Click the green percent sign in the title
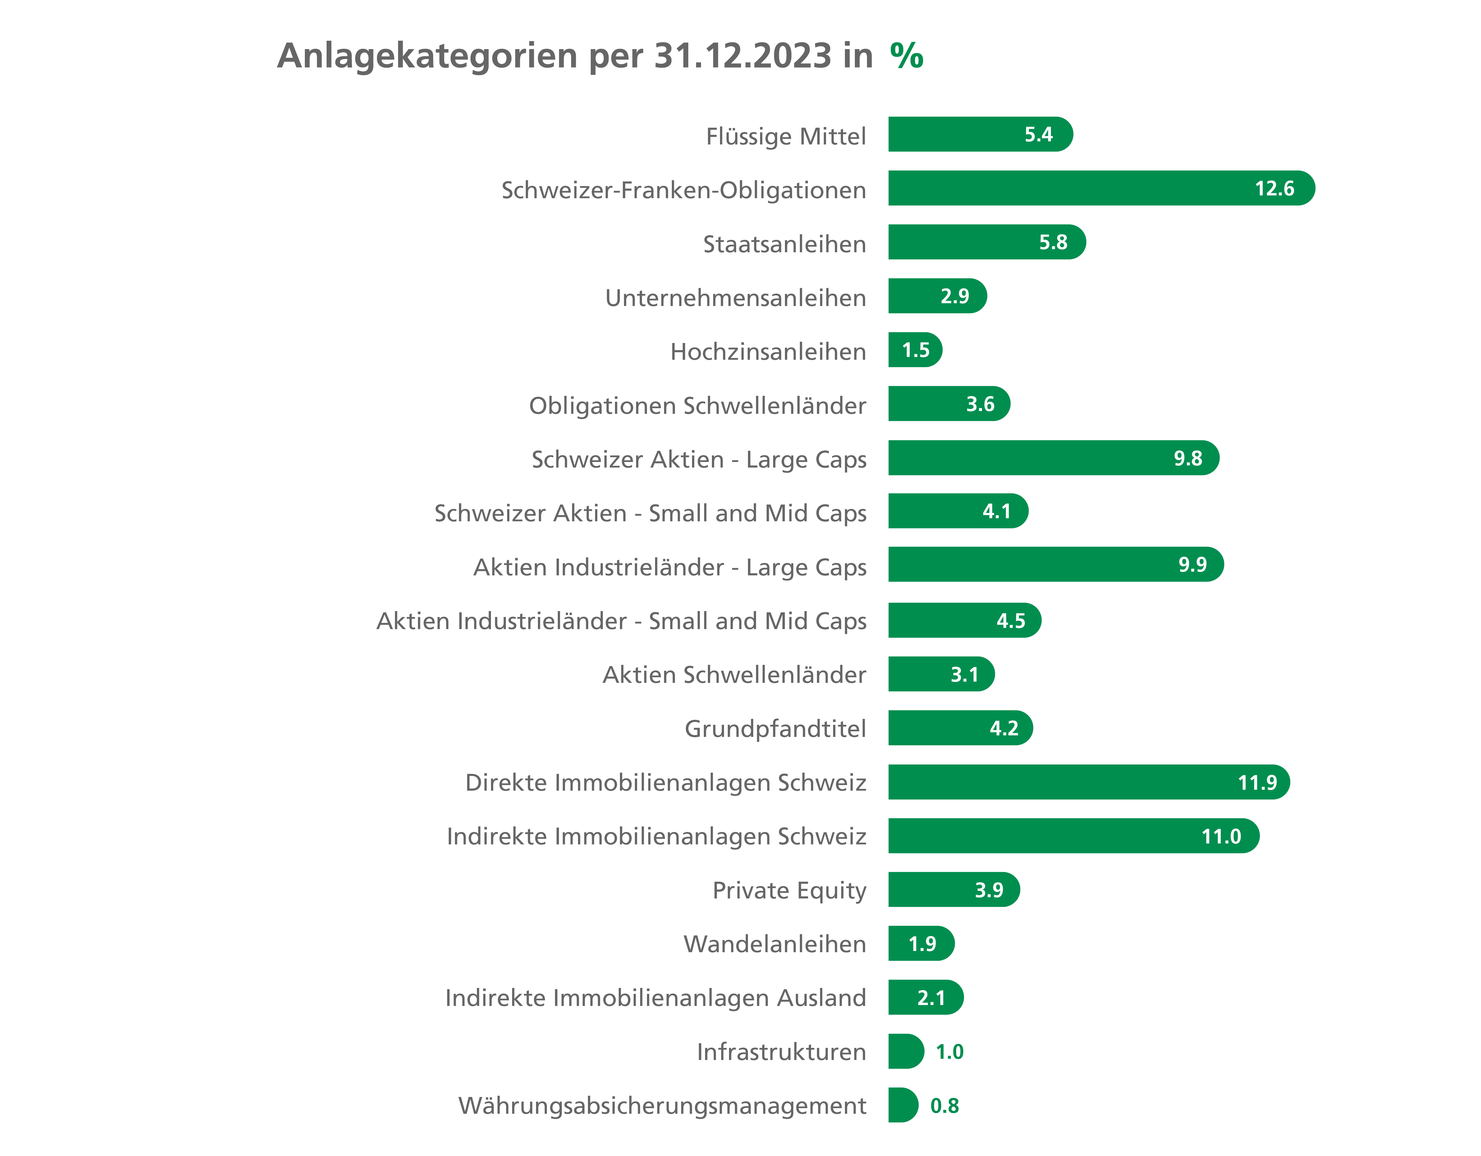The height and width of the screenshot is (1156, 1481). pyautogui.click(x=907, y=56)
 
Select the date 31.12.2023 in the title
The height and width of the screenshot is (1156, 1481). pyautogui.click(x=743, y=56)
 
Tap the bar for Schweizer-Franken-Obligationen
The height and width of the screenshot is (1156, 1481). pyautogui.click(x=1085, y=188)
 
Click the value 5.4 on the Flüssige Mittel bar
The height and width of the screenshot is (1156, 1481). pyautogui.click(x=1038, y=134)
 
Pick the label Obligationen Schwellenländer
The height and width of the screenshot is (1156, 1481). pyautogui.click(x=697, y=405)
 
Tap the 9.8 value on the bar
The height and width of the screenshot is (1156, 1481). pyautogui.click(x=1187, y=458)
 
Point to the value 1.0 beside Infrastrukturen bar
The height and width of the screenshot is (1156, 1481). pyautogui.click(x=949, y=1052)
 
